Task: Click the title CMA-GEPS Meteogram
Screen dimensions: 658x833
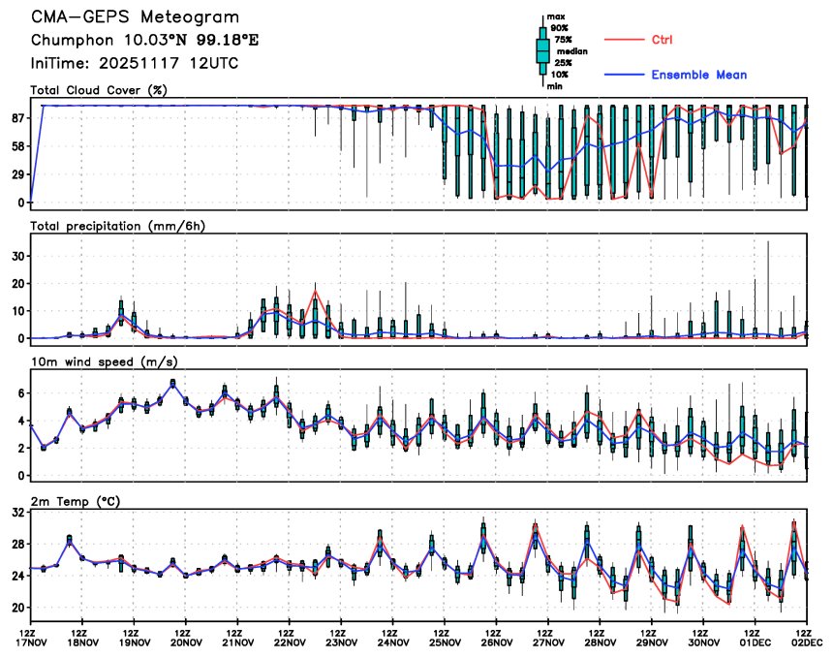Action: [135, 17]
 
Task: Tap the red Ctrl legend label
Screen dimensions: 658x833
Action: [663, 40]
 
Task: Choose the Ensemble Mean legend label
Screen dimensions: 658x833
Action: [698, 75]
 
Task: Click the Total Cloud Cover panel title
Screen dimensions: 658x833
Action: [100, 90]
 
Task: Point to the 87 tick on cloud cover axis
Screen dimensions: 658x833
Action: [16, 117]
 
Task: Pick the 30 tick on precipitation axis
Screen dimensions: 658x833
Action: [16, 256]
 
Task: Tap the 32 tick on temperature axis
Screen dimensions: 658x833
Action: [16, 514]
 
